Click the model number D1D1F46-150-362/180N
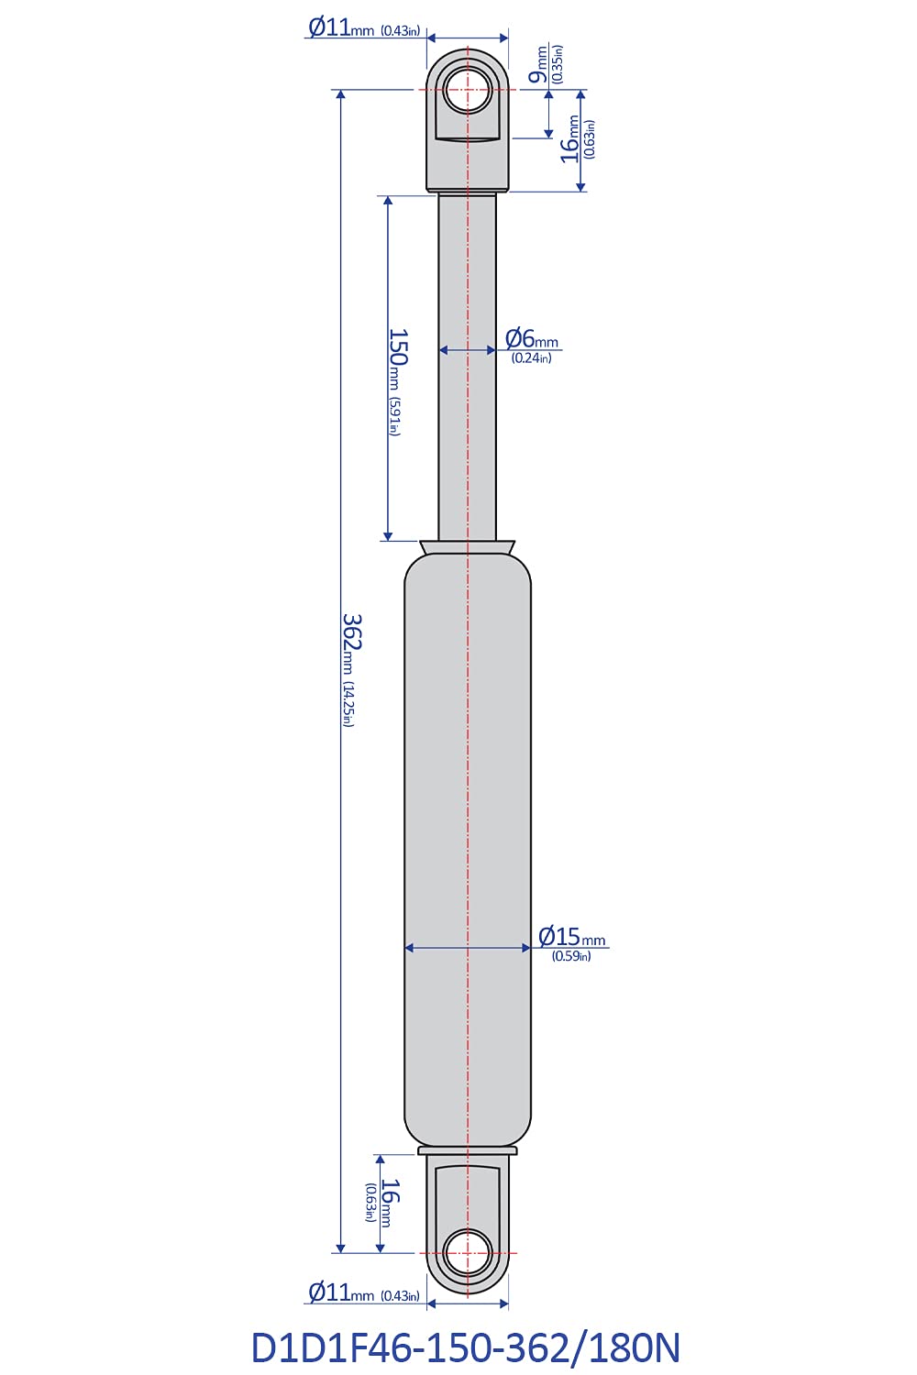coord(466,1347)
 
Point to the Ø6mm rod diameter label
coord(532,338)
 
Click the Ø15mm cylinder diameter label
coord(571,936)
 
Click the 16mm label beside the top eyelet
coord(572,139)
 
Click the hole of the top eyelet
coord(468,91)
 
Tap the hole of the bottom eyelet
coord(468,1252)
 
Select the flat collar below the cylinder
coord(468,1150)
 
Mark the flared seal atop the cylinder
coord(468,547)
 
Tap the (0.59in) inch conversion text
coord(571,956)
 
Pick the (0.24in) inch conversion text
coord(532,358)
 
